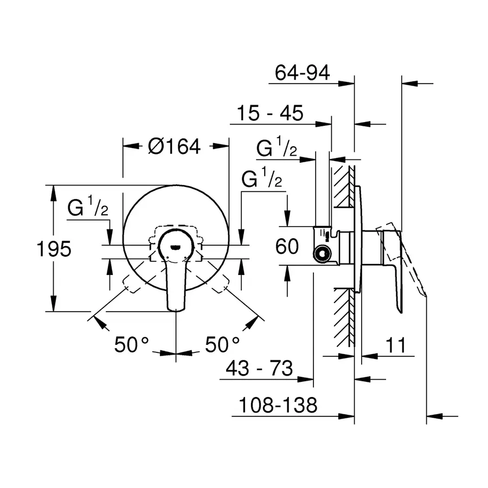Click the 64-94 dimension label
point(303,73)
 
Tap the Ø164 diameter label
point(174,146)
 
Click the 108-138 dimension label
point(274,405)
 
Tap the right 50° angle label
point(222,344)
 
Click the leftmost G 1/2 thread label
point(88,209)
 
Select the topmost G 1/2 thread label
point(277,148)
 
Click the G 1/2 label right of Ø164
point(262,179)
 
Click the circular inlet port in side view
point(323,253)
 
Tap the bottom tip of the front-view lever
point(176,309)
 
